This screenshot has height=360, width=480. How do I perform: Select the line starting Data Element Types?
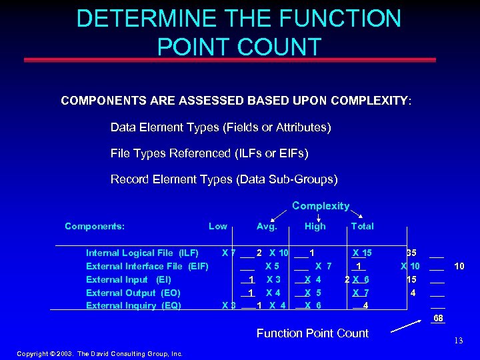pos(221,127)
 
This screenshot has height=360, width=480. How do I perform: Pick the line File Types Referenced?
pos(209,153)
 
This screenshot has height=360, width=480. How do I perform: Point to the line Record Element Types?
pos(224,179)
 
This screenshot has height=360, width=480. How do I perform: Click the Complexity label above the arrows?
pos(321,206)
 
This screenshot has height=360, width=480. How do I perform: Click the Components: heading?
pos(95,226)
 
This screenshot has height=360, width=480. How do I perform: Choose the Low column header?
pos(218,226)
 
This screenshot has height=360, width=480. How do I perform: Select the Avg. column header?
pos(267,226)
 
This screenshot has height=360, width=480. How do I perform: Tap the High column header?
pos(315,226)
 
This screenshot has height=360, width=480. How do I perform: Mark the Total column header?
pos(362,226)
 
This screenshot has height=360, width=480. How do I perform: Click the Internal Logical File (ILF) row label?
pos(142,253)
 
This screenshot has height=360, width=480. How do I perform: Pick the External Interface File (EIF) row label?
pos(147,266)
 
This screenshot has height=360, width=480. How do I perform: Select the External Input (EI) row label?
pos(129,279)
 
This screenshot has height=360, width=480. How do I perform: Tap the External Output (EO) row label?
pos(133,293)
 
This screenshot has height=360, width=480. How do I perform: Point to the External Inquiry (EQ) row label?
pos(133,305)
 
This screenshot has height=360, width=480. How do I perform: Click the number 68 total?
pos(438,318)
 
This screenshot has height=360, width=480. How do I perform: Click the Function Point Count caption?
pos(313,333)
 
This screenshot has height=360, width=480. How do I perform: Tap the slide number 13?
pos(458,341)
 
